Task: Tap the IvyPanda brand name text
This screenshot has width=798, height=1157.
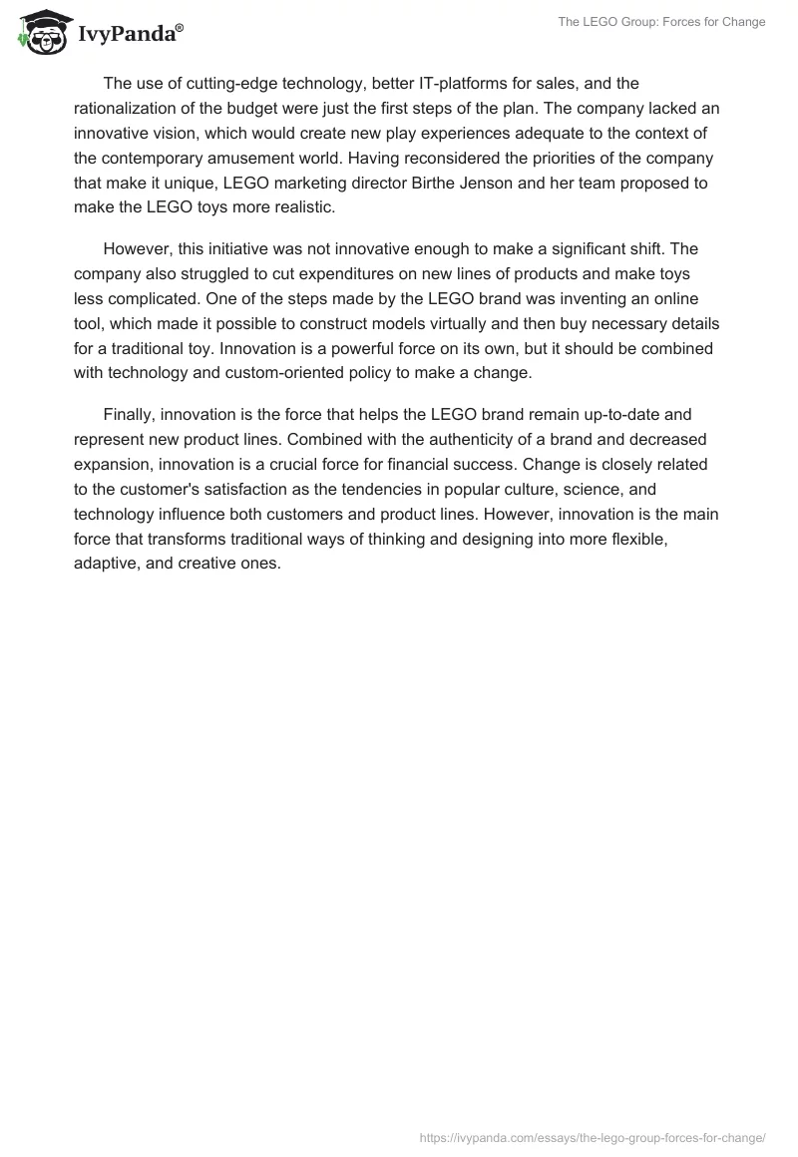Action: coord(130,34)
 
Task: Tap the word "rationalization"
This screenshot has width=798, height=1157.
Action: coord(126,108)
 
